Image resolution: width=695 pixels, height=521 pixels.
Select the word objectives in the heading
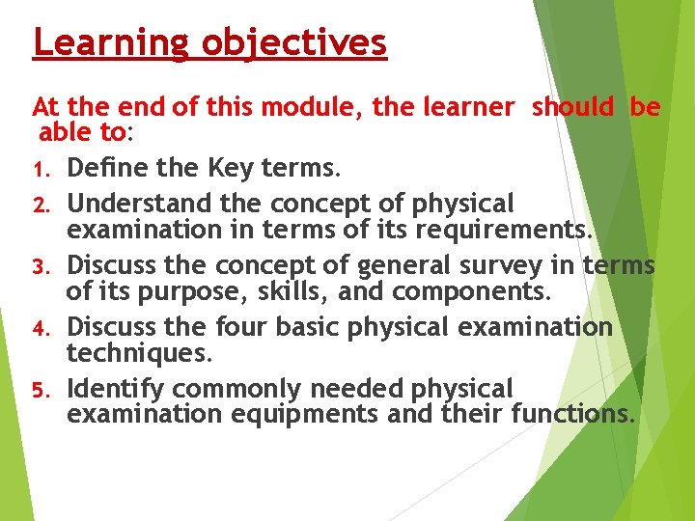coord(294,43)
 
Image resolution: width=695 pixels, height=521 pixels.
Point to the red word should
coord(572,107)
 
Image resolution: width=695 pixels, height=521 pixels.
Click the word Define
coord(108,170)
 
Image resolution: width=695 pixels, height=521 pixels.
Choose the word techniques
coord(138,354)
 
